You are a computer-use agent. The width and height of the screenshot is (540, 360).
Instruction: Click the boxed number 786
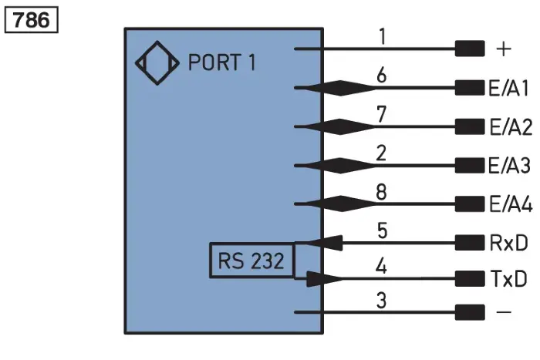(31, 20)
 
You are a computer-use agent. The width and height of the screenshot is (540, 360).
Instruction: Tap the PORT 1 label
(222, 62)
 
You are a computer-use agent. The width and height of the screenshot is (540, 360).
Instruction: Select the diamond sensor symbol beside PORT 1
(157, 62)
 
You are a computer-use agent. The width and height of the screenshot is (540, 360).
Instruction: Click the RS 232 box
(251, 261)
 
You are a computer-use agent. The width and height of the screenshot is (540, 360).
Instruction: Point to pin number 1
(383, 36)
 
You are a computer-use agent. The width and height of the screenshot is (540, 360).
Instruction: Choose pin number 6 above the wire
(381, 75)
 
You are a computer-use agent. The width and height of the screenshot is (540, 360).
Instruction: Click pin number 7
(381, 114)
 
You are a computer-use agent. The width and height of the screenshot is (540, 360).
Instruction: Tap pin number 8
(381, 192)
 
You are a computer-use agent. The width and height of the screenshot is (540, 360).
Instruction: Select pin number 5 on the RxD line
(383, 230)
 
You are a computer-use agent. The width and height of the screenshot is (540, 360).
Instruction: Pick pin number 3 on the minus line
(382, 301)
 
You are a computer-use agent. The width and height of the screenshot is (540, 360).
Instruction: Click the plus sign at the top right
(504, 49)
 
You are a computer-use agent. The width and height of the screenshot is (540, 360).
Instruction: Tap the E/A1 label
(508, 88)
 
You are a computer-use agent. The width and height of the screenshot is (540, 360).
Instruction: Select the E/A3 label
(509, 166)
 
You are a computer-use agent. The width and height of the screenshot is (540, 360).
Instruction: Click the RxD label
(508, 243)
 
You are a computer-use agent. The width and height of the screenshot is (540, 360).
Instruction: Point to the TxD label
(508, 278)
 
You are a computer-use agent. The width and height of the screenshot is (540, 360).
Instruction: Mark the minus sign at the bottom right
(504, 312)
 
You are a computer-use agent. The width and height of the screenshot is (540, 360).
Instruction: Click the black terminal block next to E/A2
(470, 126)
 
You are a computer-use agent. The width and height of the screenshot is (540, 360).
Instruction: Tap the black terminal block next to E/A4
(470, 204)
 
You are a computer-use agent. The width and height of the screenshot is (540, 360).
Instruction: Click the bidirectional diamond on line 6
(340, 88)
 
